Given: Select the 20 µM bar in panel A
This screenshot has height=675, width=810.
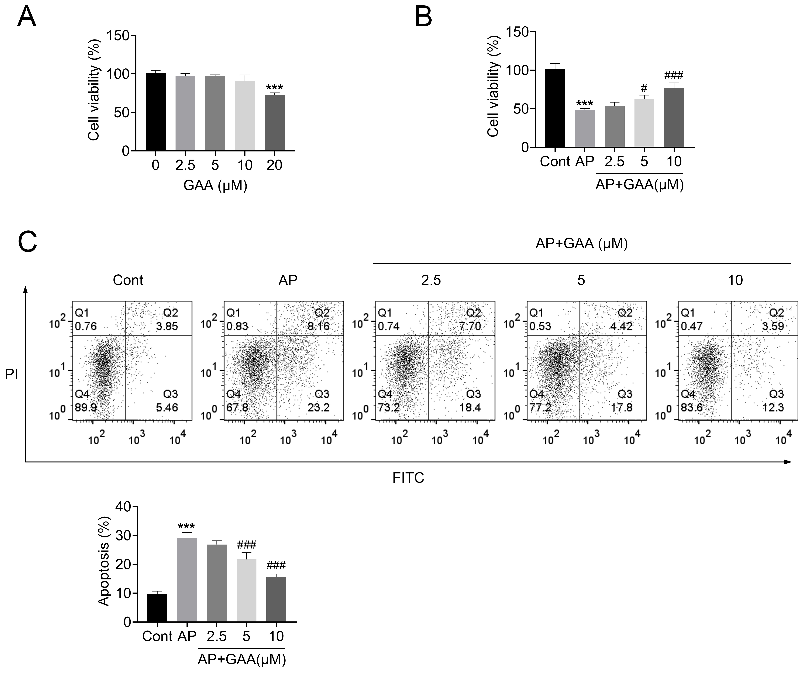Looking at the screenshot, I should (275, 123).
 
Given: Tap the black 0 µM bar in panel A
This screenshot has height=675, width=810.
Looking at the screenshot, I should (155, 112).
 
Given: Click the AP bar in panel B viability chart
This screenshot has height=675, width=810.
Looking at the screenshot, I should (585, 129).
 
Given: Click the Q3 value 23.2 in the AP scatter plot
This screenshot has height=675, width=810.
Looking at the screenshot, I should (318, 407).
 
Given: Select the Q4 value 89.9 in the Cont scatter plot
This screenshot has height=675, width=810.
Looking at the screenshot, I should (86, 407).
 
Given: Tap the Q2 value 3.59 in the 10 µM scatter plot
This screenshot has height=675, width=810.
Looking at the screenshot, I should (773, 326).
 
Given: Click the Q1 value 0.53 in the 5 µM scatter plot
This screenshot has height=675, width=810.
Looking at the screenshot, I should (540, 326).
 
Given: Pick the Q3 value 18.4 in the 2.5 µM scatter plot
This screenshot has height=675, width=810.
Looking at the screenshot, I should (470, 407).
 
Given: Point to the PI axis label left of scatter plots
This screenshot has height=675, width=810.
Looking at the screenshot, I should (12, 374).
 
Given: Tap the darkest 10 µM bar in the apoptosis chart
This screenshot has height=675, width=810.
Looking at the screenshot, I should (276, 599).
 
